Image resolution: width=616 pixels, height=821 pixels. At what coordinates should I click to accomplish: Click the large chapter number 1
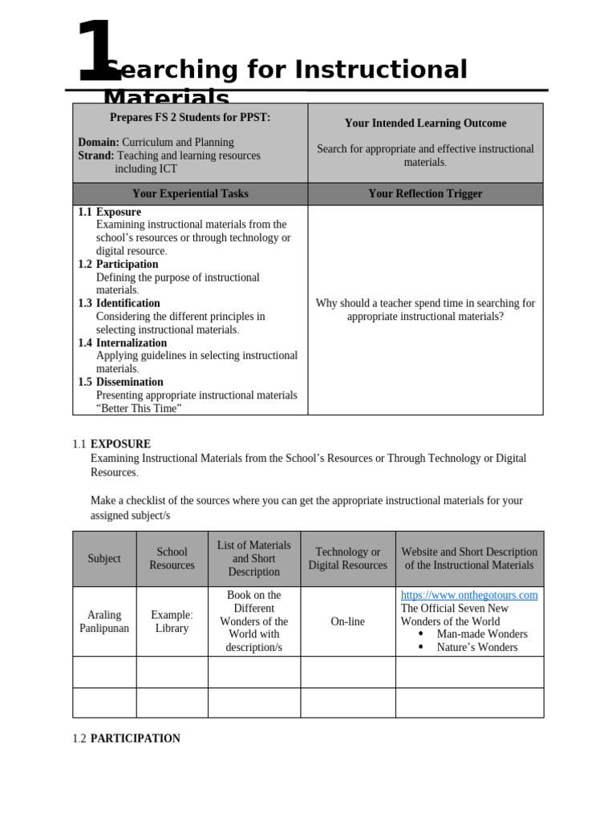coord(95,53)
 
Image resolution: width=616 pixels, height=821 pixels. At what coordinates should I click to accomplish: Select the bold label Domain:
coord(99,142)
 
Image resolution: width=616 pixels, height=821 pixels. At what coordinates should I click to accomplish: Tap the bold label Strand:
coord(95,156)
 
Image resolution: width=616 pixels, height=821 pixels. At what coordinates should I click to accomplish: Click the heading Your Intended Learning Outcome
coord(425,123)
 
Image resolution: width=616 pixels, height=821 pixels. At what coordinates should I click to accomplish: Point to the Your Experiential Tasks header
coord(190,194)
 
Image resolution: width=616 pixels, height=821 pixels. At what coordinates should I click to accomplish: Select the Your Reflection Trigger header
coord(425,194)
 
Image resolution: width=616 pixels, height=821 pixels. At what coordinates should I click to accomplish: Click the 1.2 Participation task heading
coord(118,265)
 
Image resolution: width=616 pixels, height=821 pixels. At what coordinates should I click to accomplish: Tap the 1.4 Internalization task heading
coord(122,343)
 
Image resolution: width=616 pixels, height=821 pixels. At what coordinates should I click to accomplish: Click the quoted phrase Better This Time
coord(139,408)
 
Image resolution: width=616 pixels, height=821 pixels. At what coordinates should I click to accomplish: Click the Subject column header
coord(104,559)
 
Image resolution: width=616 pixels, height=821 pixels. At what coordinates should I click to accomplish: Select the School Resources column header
coord(172,559)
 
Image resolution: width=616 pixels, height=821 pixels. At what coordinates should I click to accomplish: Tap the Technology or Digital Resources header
coord(347,559)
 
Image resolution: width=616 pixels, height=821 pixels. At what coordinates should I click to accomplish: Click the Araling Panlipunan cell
coord(104,621)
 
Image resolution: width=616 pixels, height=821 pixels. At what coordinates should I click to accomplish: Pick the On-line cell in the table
coord(347,621)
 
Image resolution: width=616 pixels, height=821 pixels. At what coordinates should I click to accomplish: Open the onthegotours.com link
coord(469,595)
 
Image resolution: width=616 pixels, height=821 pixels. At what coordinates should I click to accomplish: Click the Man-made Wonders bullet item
coord(481,634)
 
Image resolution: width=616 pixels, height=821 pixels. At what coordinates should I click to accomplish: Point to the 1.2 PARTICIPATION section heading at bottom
coord(127,738)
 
